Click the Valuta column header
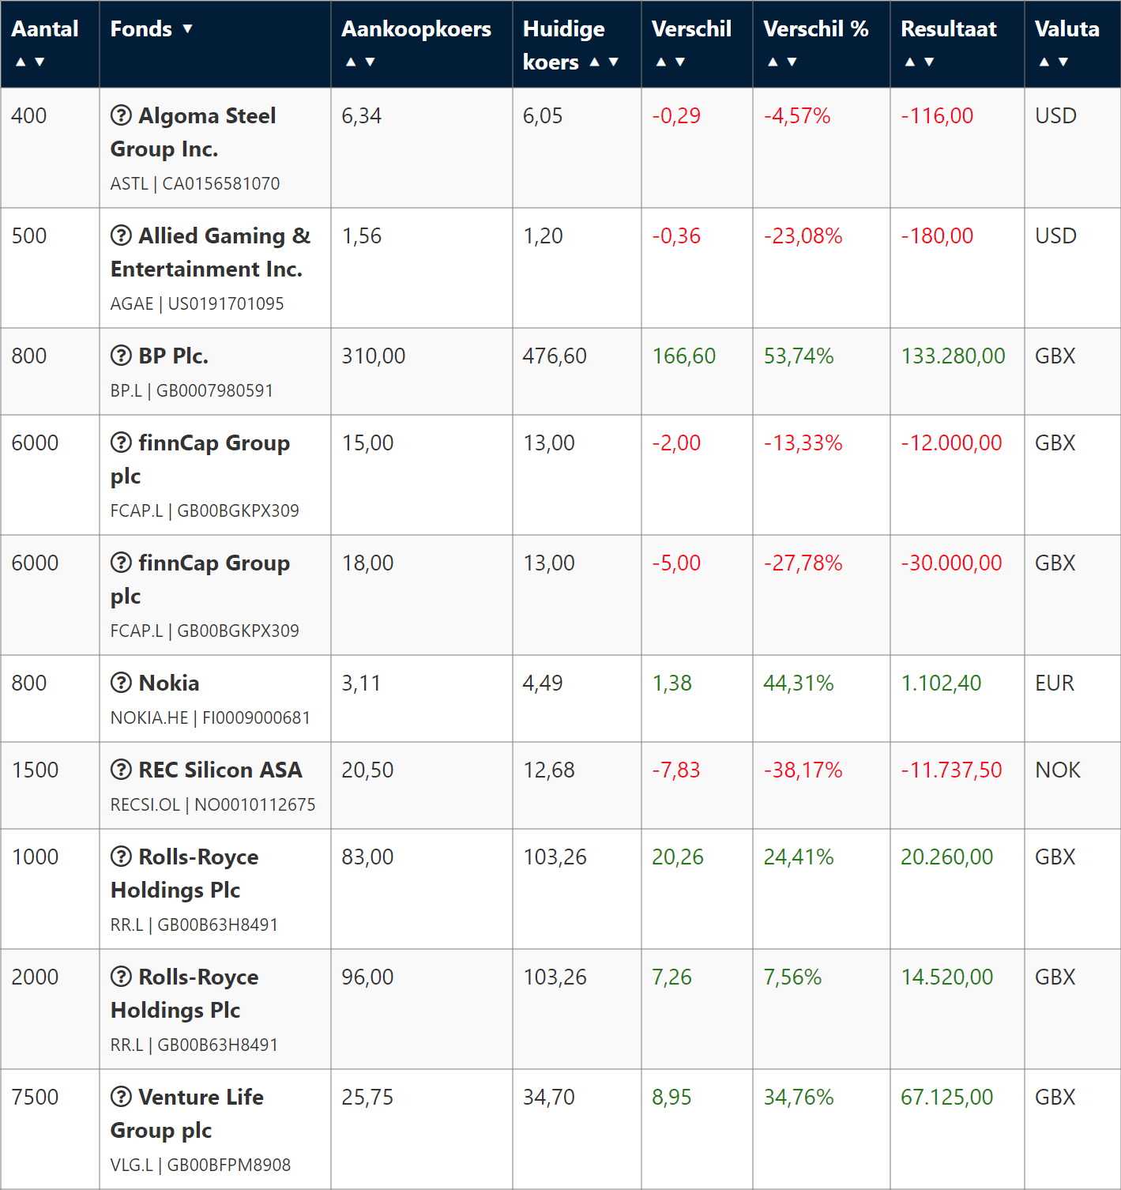point(1066,29)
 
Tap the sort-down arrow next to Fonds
point(187,29)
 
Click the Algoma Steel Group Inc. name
point(193,132)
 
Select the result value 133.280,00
point(953,356)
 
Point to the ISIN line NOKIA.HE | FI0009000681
point(210,717)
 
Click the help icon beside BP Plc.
point(121,356)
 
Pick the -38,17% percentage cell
point(803,770)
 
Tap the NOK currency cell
point(1057,770)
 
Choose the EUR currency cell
point(1054,683)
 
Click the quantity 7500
point(36,1097)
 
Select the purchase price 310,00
point(373,356)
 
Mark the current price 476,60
point(555,356)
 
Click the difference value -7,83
point(675,770)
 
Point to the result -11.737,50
point(951,770)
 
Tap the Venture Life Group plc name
point(187,1113)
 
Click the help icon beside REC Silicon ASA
point(121,770)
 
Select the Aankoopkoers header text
point(416,29)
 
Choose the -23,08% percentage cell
point(803,235)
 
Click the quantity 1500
point(36,770)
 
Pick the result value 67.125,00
point(946,1097)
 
